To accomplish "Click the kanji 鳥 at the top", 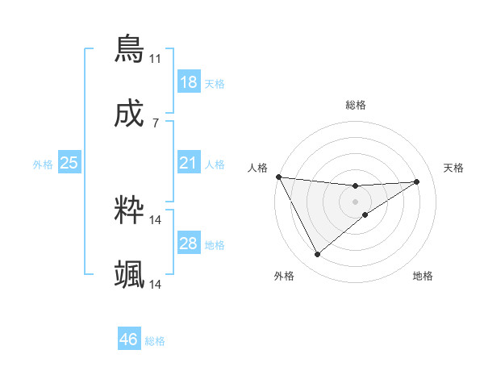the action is point(129,49).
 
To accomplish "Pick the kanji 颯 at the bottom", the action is point(129,275).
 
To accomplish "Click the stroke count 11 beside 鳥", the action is point(155,59).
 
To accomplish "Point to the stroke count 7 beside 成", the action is point(155,123).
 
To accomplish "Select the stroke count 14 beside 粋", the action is point(156,219).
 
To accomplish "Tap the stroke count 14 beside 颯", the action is point(156,285).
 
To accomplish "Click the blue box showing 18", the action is point(189,82).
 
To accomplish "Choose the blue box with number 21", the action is point(189,164).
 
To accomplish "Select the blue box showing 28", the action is point(189,244).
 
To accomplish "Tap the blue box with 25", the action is point(69,164).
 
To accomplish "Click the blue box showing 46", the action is point(128,340).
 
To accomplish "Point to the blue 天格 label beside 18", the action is point(215,84).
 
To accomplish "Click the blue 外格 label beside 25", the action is point(43,165).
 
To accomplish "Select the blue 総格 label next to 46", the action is point(155,341).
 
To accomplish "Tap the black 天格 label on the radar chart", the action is point(454,168).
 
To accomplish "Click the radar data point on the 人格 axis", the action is point(278,177).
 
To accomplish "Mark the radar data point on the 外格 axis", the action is point(317,255).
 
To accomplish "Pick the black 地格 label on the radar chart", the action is point(423,276).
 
